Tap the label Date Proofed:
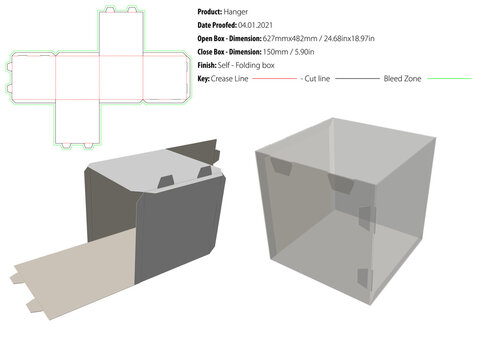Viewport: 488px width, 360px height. [218, 23]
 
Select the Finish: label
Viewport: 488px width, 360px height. [210, 64]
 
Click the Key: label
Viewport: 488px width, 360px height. [204, 78]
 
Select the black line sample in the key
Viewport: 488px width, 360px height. [358, 78]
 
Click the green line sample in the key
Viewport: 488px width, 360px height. [448, 78]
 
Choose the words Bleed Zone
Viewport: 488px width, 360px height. [404, 78]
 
